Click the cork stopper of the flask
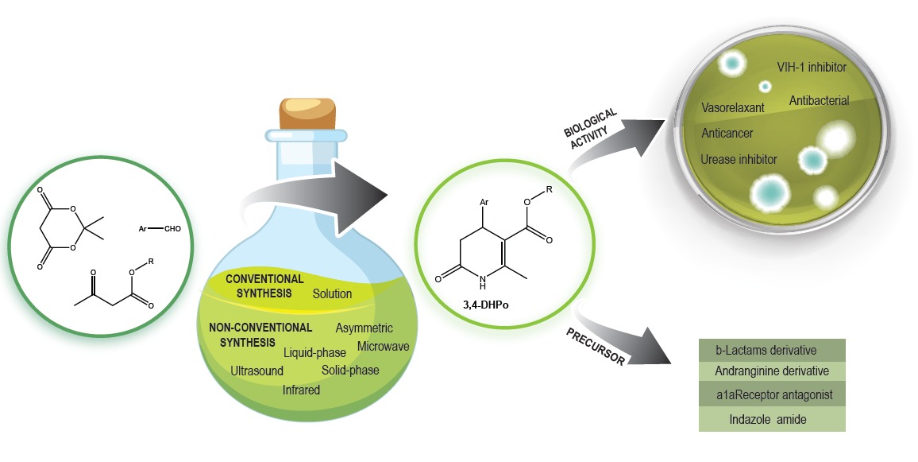[x=308, y=115]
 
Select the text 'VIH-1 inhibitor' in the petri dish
[x=810, y=68]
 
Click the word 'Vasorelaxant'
[x=734, y=107]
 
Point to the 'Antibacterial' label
[x=819, y=101]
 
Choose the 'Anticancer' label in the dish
[x=727, y=134]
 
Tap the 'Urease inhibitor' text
[x=739, y=160]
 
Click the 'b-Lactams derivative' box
[x=761, y=351]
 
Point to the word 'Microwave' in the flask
[x=383, y=347]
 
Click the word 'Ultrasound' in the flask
[x=256, y=371]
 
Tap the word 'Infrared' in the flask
[x=301, y=390]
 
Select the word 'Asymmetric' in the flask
[x=364, y=328]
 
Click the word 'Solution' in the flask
[x=332, y=293]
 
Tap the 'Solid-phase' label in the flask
[x=350, y=370]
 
